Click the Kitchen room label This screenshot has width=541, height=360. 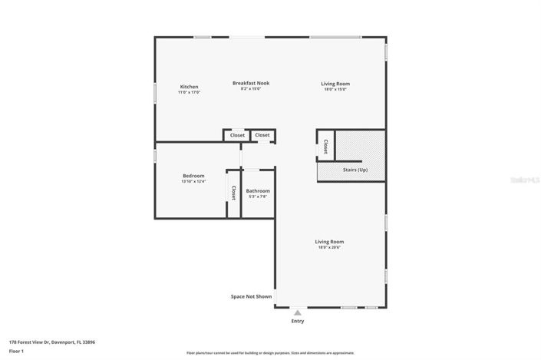(x=189, y=87)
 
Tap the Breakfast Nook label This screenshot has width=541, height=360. (x=251, y=83)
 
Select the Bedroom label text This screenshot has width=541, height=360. (x=193, y=176)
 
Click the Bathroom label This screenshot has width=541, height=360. (x=258, y=190)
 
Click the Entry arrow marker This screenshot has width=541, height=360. (x=297, y=312)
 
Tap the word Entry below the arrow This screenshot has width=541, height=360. (x=297, y=321)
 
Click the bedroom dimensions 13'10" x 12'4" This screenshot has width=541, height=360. (x=193, y=182)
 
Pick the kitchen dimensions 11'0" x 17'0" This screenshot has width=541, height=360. (x=189, y=93)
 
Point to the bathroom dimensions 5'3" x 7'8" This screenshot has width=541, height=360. (x=258, y=197)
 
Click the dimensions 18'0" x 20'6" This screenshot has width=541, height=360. (x=329, y=247)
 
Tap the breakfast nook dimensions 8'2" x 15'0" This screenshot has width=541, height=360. (x=251, y=89)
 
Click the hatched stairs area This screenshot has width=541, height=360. (x=360, y=146)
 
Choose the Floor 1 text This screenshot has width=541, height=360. (x=16, y=350)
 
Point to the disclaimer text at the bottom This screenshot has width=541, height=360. (x=270, y=353)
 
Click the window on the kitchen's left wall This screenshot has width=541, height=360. (x=155, y=91)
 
